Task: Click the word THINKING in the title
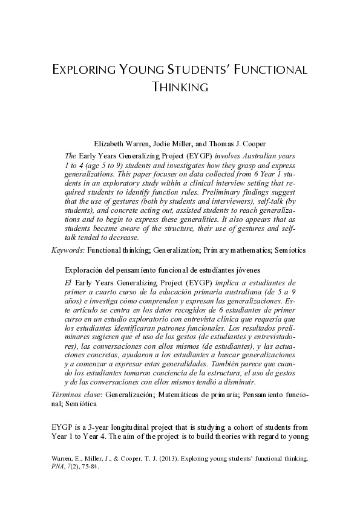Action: point(180,86)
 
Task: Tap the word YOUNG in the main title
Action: point(136,69)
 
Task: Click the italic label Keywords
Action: point(67,250)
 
